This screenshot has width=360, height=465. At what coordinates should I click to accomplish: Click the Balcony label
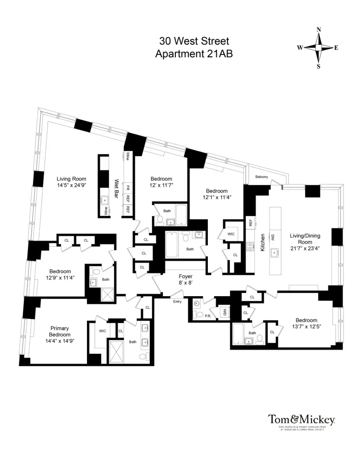(x=261, y=177)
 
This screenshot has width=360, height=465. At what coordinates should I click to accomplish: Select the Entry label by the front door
(x=178, y=302)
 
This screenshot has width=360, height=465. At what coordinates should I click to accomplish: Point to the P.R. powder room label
(x=207, y=316)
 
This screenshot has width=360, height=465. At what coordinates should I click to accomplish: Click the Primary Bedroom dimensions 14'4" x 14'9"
(x=60, y=341)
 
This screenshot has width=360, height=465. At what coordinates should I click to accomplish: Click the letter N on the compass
(x=319, y=30)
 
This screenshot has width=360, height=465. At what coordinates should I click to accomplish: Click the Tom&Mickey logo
(x=301, y=419)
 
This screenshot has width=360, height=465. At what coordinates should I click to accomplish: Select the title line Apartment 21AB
(x=194, y=53)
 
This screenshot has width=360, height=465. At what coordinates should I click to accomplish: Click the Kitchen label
(x=263, y=243)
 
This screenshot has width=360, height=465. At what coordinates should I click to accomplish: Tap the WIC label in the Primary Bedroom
(x=103, y=331)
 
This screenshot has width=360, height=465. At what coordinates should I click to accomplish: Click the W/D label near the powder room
(x=224, y=312)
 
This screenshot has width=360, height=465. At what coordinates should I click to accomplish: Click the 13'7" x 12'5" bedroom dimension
(x=306, y=327)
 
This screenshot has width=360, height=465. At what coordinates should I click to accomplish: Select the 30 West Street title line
(x=194, y=41)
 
